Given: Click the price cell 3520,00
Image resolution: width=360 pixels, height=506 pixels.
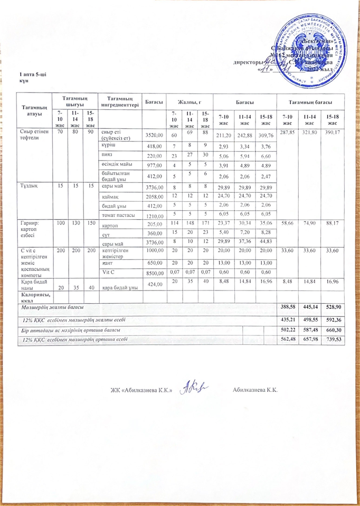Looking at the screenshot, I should tap(153, 135).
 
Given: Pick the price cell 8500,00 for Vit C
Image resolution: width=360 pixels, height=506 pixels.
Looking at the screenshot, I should tap(153, 273).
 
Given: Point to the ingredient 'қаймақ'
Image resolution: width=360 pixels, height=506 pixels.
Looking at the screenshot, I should tap(111, 196).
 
